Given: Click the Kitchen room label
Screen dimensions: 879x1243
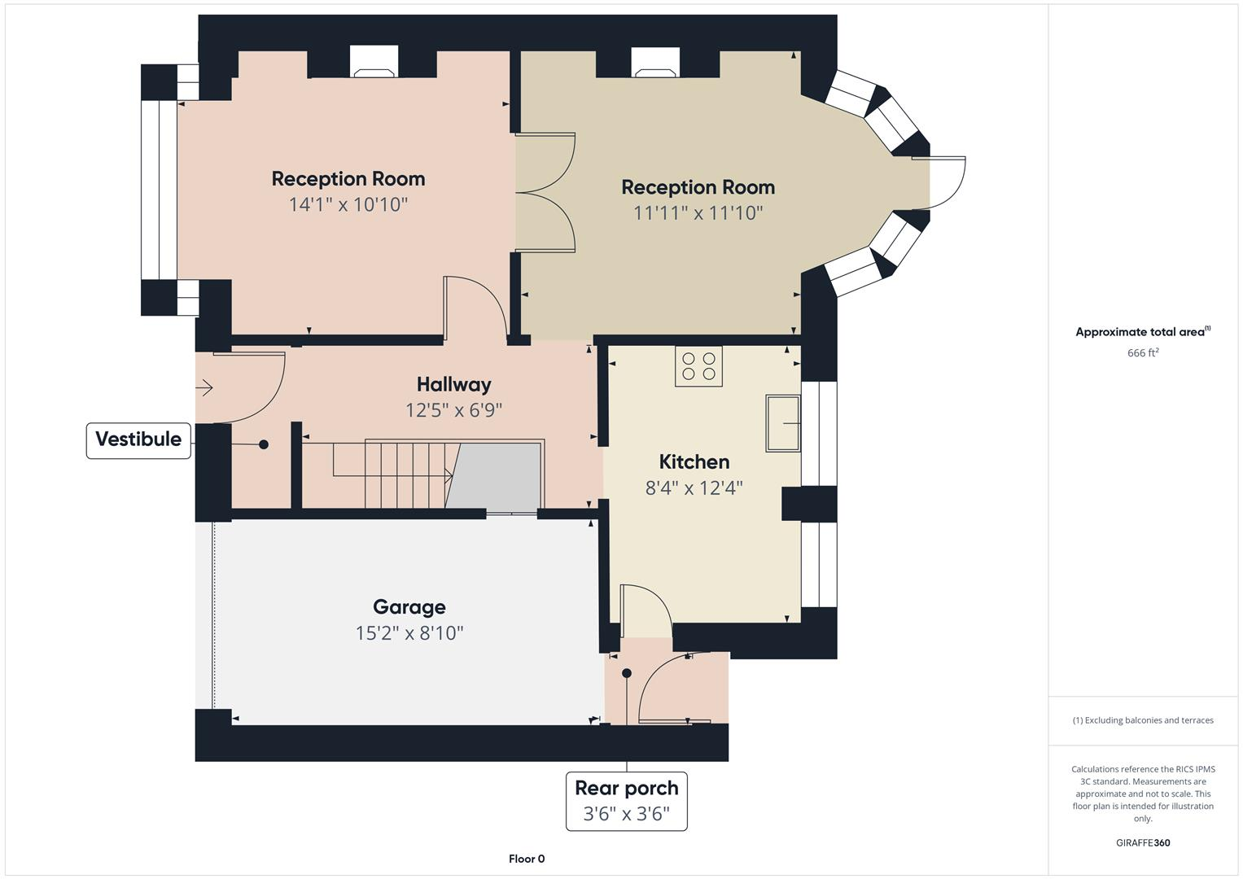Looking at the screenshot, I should [694, 461].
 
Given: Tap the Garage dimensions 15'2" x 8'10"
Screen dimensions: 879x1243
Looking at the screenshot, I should [409, 632].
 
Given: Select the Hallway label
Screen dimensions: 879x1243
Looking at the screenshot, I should [453, 384].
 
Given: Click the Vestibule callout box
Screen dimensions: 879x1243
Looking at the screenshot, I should [138, 439].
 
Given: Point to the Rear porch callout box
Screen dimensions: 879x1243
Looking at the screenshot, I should [626, 801].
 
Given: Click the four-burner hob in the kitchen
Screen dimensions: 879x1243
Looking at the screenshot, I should [698, 366].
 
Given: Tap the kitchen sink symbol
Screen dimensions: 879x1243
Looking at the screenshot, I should [782, 423].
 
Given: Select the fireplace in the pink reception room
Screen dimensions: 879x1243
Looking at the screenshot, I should [374, 63].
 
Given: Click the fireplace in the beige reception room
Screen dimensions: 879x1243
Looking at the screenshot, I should [655, 63].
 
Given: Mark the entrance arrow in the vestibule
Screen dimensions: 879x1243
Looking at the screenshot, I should [204, 388].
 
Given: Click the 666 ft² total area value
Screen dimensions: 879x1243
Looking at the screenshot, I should [1142, 352].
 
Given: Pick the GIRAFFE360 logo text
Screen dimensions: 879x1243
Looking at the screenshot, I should [1142, 842].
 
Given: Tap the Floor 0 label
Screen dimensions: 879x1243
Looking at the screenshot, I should [526, 859].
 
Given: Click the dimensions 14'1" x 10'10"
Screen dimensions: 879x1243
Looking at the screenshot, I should [348, 204].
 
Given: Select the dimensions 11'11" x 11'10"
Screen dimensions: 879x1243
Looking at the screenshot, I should [698, 213].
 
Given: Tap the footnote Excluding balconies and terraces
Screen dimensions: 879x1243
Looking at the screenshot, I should [1142, 720].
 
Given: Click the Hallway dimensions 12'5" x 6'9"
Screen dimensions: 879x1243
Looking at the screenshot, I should [453, 410].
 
